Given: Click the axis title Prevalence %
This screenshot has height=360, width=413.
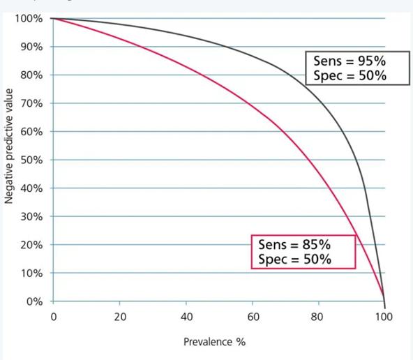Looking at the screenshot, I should (x=215, y=342).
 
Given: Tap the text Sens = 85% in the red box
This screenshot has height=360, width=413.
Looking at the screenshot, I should (x=294, y=245).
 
